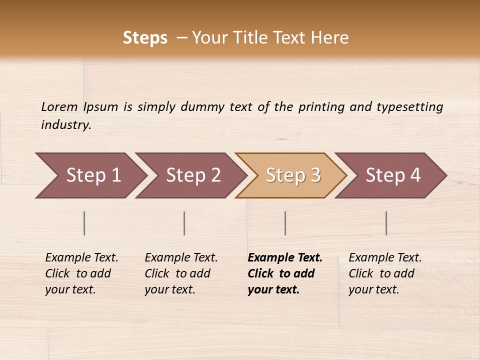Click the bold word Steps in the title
pyautogui.click(x=145, y=38)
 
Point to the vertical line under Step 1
pyautogui.click(x=84, y=223)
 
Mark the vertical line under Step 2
pyautogui.click(x=184, y=223)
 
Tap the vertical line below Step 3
pyautogui.click(x=285, y=223)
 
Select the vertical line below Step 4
pyautogui.click(x=386, y=223)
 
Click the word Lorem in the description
pyautogui.click(x=59, y=107)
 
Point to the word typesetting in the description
pyautogui.click(x=409, y=107)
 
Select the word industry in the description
pyautogui.click(x=66, y=125)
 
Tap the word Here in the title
pyautogui.click(x=329, y=38)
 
